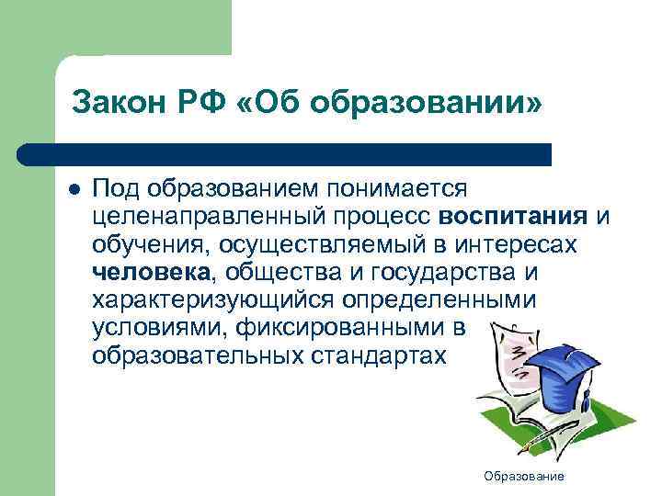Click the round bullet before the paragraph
[73, 188]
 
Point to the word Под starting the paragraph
[114, 188]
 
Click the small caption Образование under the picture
[525, 477]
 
